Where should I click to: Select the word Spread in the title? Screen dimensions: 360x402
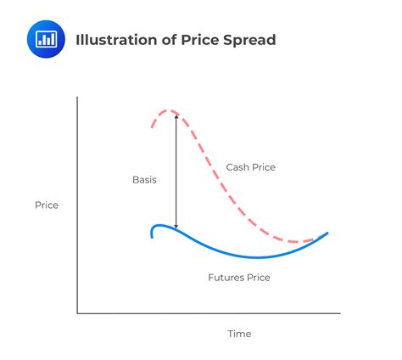[x=250, y=40]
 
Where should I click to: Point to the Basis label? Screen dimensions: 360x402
[x=144, y=180]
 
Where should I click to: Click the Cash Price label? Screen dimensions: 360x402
[x=250, y=167]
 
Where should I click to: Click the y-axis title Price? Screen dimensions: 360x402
[x=47, y=205]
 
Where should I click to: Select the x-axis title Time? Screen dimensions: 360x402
[x=239, y=334]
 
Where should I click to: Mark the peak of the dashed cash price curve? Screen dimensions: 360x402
[x=170, y=110]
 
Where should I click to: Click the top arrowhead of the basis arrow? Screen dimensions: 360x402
[x=176, y=115]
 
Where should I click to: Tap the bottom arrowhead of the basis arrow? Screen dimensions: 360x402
[x=176, y=228]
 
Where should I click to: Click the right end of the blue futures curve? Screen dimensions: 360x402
[x=327, y=233]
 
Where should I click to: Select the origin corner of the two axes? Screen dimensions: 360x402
[x=77, y=313]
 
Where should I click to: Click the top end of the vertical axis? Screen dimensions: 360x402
[x=77, y=97]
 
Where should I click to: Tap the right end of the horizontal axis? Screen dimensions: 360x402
[x=340, y=313]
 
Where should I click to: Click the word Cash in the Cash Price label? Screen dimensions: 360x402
[x=237, y=167]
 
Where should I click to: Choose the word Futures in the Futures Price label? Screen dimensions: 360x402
[x=226, y=278]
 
